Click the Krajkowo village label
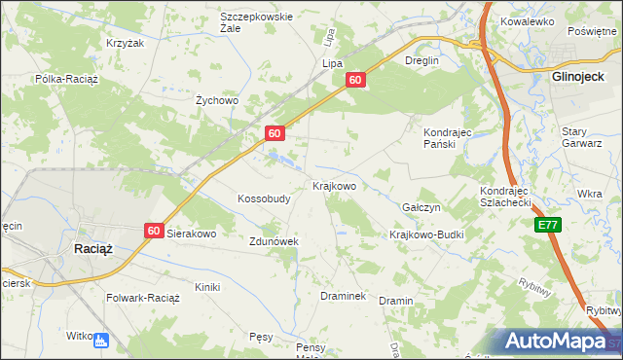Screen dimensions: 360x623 (x=334, y=185)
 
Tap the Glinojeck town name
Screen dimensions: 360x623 (x=579, y=75)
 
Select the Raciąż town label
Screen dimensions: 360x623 (x=94, y=248)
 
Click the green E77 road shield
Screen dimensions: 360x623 (x=548, y=225)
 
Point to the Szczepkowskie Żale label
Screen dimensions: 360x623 (x=257, y=22)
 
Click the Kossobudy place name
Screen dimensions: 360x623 (x=264, y=198)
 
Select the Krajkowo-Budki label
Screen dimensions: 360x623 (x=426, y=234)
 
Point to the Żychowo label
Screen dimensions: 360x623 (x=217, y=100)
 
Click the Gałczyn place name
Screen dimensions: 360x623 (x=421, y=208)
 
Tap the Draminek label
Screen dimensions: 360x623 (x=343, y=296)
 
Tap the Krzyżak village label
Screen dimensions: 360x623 (x=125, y=44)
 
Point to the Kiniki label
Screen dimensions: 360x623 (x=207, y=287)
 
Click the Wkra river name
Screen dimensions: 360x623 (x=589, y=195)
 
